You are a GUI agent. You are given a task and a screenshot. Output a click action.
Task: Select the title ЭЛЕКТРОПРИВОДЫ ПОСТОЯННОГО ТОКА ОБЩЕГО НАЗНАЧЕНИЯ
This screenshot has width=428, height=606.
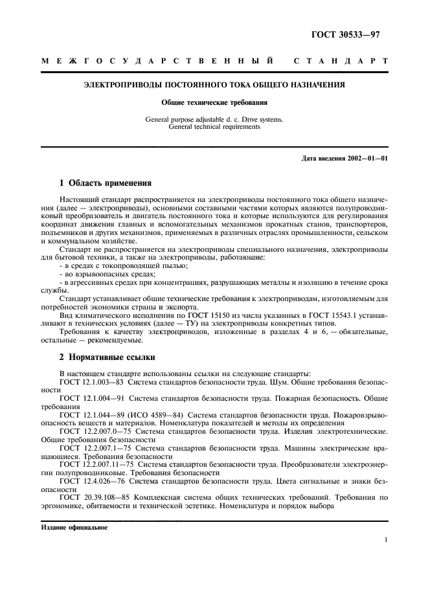[x=214, y=85]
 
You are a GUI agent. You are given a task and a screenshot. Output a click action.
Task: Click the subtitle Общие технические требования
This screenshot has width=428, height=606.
[x=214, y=102]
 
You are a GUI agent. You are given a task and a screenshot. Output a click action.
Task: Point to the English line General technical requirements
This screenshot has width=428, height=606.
[x=214, y=128]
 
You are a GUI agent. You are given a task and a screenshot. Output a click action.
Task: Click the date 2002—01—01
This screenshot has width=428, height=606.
[x=366, y=159]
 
